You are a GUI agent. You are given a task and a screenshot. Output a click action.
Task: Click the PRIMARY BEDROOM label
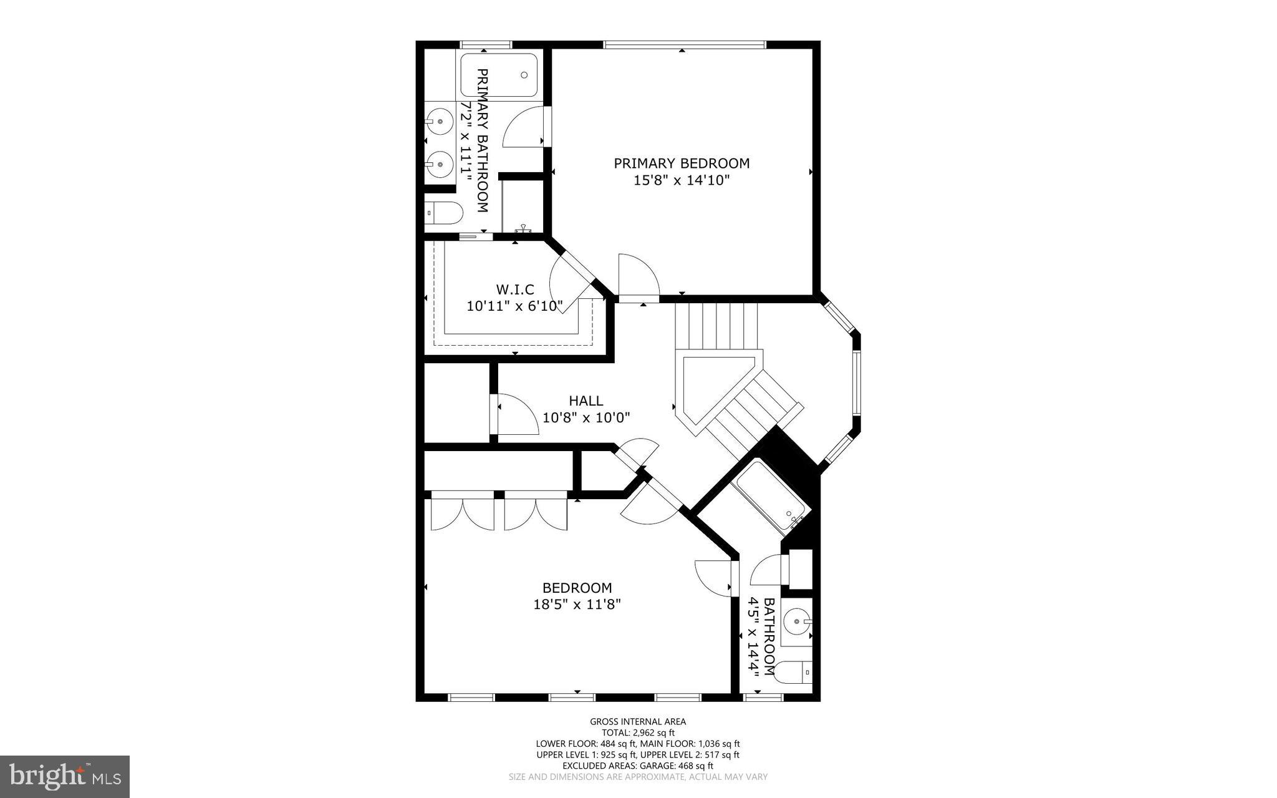click(x=682, y=163)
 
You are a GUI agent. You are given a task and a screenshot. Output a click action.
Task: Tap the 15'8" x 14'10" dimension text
click(x=682, y=180)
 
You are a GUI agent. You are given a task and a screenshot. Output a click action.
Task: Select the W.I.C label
click(x=515, y=290)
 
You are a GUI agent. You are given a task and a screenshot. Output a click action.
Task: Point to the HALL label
click(x=585, y=401)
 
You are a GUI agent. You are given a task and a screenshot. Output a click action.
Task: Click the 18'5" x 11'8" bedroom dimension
click(x=577, y=605)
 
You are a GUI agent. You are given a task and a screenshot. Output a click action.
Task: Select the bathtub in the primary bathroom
click(x=499, y=75)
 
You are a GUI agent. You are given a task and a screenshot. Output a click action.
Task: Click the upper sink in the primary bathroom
click(x=440, y=122)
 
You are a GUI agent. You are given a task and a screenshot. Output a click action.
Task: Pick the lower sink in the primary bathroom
click(x=440, y=164)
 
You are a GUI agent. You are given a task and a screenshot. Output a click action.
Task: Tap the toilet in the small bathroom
click(x=794, y=672)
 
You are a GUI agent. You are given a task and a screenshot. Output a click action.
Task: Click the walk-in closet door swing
click(x=569, y=280)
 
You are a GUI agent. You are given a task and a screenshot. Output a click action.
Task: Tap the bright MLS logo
click(x=65, y=776)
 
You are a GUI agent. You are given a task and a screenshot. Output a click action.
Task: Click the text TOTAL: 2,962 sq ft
click(x=638, y=733)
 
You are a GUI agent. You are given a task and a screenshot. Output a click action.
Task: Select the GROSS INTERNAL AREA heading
click(x=638, y=722)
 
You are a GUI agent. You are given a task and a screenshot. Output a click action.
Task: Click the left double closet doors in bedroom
click(x=462, y=513)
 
